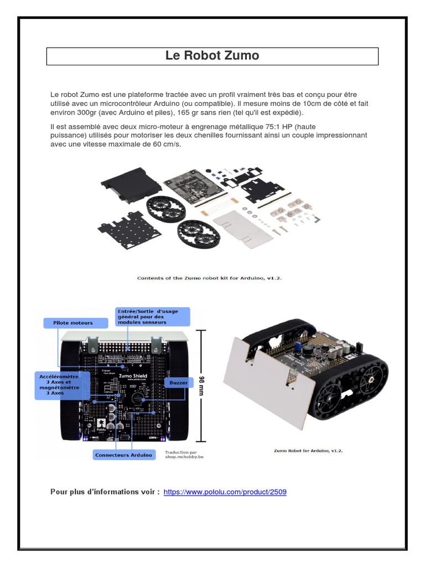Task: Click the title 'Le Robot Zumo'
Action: coord(212,56)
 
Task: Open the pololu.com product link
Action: coord(225,491)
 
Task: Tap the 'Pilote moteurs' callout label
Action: coord(73,322)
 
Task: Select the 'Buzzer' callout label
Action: coord(179,383)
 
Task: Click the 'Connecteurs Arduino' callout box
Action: coord(123,455)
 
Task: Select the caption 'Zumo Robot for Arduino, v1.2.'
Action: coord(308,451)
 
